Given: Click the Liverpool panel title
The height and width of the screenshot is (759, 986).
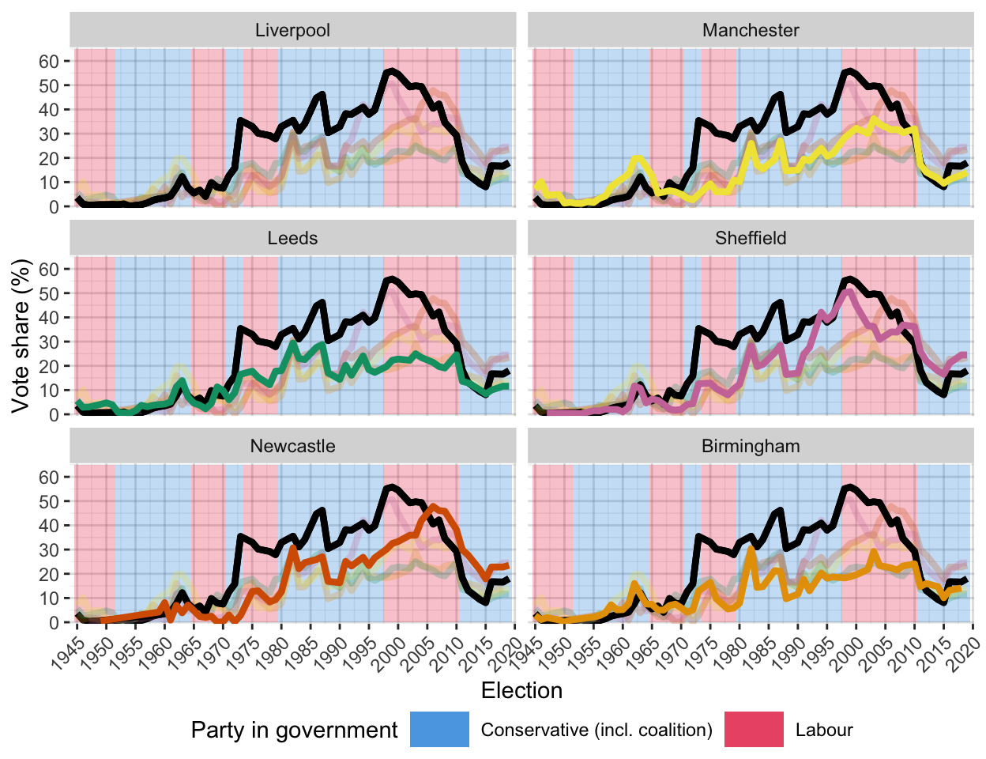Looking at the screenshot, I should [292, 31].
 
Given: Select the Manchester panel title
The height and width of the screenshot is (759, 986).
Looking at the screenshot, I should [751, 31].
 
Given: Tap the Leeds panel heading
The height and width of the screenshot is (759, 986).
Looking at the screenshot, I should [292, 239].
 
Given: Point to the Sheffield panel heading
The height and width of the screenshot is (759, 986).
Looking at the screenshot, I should [751, 239].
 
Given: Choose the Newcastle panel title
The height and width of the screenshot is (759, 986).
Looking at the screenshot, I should [292, 447].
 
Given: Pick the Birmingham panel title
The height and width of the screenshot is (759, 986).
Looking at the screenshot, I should [751, 447].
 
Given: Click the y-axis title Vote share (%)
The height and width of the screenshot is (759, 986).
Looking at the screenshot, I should [21, 335].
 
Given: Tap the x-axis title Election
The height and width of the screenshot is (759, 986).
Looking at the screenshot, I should [521, 691].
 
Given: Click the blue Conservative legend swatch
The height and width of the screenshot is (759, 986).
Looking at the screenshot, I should [439, 730].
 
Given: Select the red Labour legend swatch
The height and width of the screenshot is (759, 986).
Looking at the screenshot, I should [754, 730].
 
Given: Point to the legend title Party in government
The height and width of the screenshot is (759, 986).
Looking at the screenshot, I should [294, 731].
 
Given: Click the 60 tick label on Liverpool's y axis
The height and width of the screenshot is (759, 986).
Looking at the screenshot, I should [49, 62].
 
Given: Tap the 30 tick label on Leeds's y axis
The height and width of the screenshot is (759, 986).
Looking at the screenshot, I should [49, 342].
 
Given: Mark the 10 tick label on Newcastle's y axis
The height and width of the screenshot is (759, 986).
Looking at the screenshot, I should [49, 599].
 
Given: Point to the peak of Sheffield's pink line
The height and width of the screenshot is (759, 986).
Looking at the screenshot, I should [849, 292].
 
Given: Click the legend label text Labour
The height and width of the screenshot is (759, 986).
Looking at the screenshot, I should [824, 731].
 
